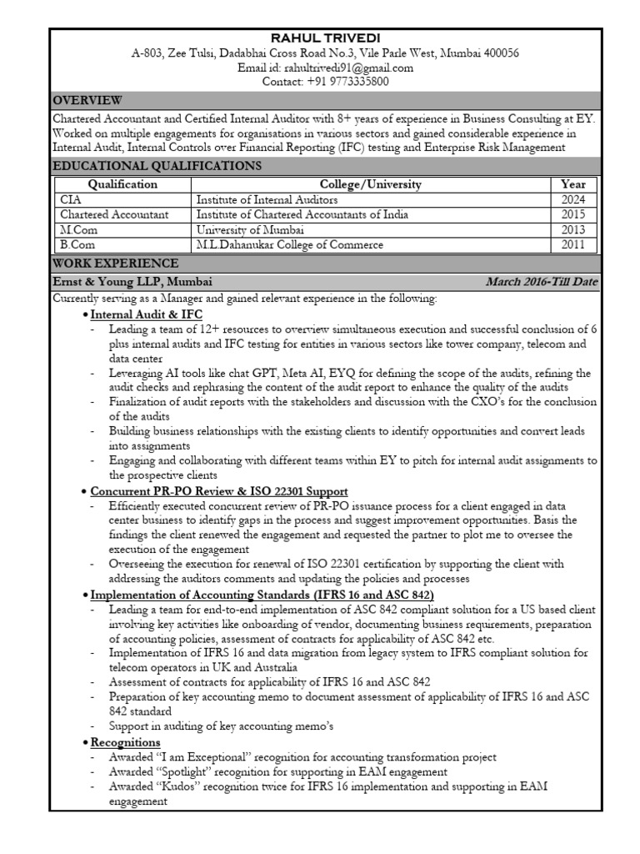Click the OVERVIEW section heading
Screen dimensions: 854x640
pyautogui.click(x=87, y=100)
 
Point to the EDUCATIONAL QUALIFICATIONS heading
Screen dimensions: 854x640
pyautogui.click(x=157, y=166)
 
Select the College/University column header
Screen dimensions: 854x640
pyautogui.click(x=370, y=184)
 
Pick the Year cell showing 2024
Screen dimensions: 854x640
pyautogui.click(x=573, y=199)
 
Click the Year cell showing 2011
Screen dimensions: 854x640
pyautogui.click(x=573, y=244)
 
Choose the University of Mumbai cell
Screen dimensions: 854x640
pyautogui.click(x=250, y=229)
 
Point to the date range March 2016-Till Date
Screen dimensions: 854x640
pyautogui.click(x=542, y=281)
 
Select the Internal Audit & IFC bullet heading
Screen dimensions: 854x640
pyautogui.click(x=146, y=315)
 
